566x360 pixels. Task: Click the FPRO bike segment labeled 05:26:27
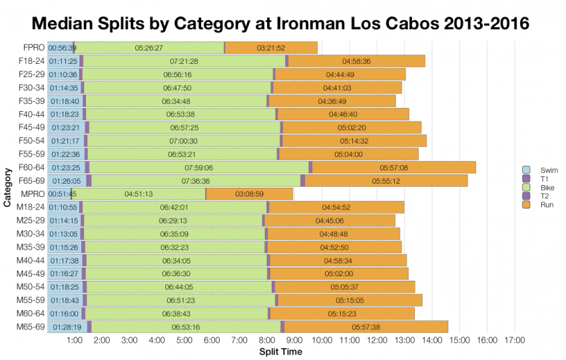pos(148,48)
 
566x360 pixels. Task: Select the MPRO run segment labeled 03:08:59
pos(250,194)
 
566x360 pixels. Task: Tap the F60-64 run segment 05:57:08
pos(393,167)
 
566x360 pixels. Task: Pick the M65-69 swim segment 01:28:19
pos(65,326)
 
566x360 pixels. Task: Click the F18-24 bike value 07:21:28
pos(184,61)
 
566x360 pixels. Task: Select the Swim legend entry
pos(536,170)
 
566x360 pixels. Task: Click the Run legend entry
pos(536,204)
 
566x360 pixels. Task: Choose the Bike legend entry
pos(536,187)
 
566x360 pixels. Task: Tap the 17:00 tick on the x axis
pos(515,341)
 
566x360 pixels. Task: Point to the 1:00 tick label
pos(75,341)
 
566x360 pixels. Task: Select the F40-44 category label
pos(31,114)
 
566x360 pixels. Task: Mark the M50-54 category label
pos(31,286)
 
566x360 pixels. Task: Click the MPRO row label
pos(33,194)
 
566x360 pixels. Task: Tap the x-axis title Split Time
pos(280,351)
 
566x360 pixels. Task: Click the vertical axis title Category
pos(7,188)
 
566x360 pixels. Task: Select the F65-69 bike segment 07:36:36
pos(196,180)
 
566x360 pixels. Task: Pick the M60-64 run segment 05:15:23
pos(342,313)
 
